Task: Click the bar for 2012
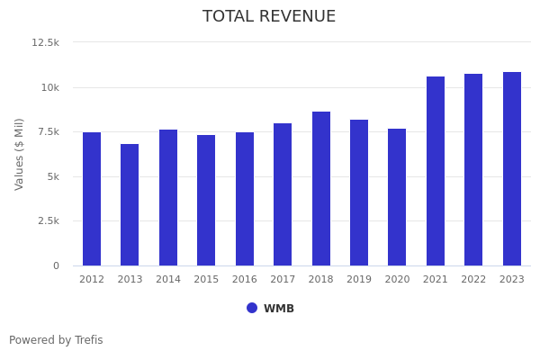coord(92,199)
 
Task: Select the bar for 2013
coord(130,205)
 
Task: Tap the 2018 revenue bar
coord(321,189)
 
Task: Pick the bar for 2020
coord(397,197)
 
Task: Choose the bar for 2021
coord(436,171)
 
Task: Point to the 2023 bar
coord(512,169)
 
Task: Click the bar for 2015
coord(206,201)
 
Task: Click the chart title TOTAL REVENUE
coord(269,17)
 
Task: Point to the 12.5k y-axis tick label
coord(45,42)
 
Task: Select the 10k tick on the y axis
coord(49,87)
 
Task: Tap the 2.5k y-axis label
coord(48,221)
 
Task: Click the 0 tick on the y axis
coord(56,265)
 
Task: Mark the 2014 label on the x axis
coord(168,280)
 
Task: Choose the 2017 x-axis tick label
coord(283,280)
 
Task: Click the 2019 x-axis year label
coord(359,280)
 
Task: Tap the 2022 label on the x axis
coord(473,280)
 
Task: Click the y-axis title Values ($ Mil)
coord(20,154)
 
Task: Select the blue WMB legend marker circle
coord(252,308)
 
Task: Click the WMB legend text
coord(279,309)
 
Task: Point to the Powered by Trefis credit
coord(56,340)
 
